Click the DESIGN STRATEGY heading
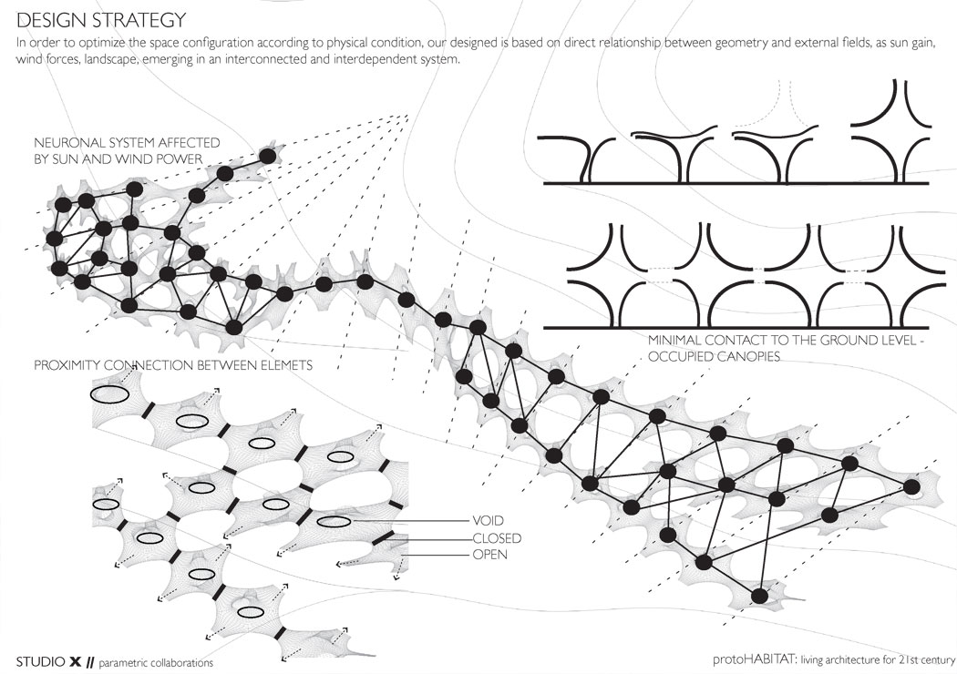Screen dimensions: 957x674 pos(100,20)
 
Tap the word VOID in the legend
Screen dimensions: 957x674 pos(489,520)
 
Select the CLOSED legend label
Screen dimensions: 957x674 pos(497,538)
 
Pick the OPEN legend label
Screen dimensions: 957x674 pos(489,555)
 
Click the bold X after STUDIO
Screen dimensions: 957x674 pos(75,662)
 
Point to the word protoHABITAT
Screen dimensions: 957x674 pos(755,659)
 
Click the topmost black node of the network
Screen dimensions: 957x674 pos(267,156)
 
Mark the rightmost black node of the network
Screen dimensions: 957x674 pos(911,486)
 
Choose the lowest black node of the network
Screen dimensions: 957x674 pos(759,596)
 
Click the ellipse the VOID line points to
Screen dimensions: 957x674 pos(334,522)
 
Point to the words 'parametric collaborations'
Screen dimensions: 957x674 pos(156,663)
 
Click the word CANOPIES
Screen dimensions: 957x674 pos(748,356)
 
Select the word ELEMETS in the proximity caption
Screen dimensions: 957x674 pos(288,365)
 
